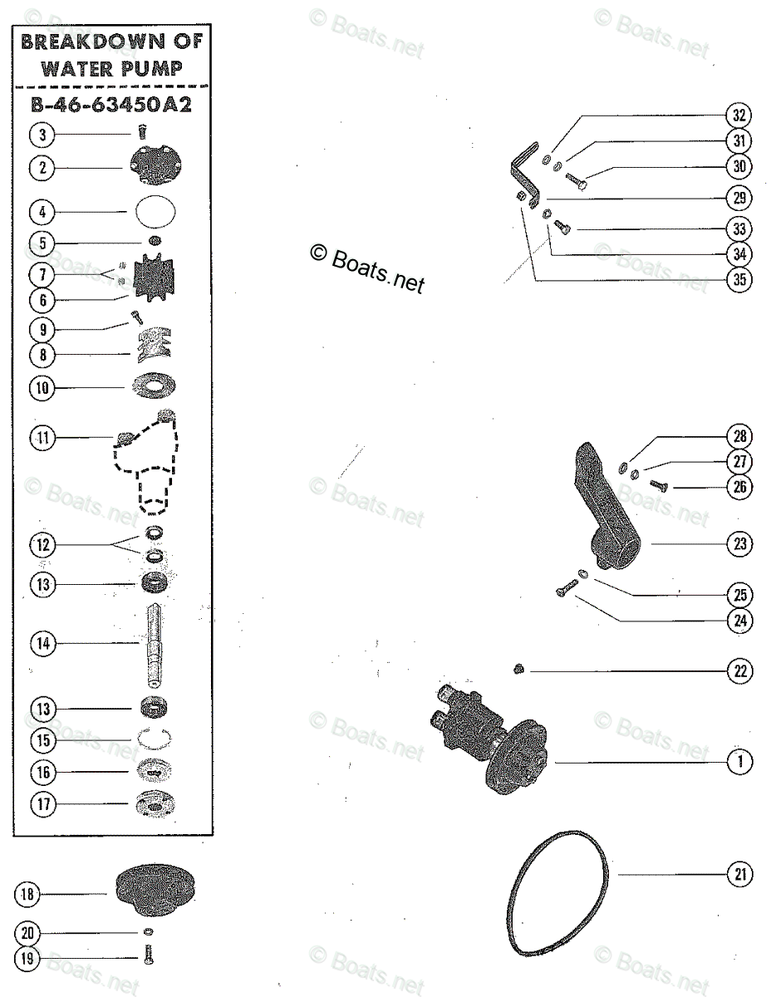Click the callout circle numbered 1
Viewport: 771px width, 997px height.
(x=739, y=760)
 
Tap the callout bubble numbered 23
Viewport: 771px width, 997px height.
(x=739, y=544)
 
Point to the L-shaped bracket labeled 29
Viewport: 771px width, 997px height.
(x=523, y=176)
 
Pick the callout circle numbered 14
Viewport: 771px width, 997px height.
(x=43, y=642)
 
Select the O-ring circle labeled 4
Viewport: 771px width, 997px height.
(x=155, y=211)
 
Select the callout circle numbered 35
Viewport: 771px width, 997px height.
(x=739, y=280)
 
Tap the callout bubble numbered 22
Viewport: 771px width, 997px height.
(x=739, y=671)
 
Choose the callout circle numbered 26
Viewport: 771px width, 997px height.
(x=739, y=487)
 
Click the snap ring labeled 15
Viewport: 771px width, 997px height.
(x=155, y=739)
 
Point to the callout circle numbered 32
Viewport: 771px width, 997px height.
(x=739, y=115)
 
